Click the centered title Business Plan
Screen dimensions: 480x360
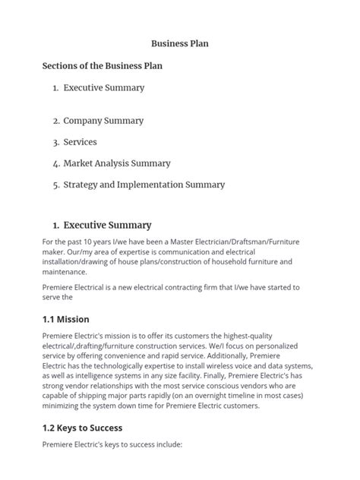179,44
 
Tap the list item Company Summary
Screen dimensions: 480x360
103,121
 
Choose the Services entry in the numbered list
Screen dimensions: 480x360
80,142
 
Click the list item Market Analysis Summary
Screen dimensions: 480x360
117,163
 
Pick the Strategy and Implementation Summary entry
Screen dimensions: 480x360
144,185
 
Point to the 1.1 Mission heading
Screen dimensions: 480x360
66,319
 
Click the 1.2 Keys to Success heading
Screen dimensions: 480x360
82,428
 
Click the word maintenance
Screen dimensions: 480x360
65,272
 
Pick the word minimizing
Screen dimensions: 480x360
65,406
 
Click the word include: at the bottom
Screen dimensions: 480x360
166,444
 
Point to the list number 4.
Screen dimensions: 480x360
56,163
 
